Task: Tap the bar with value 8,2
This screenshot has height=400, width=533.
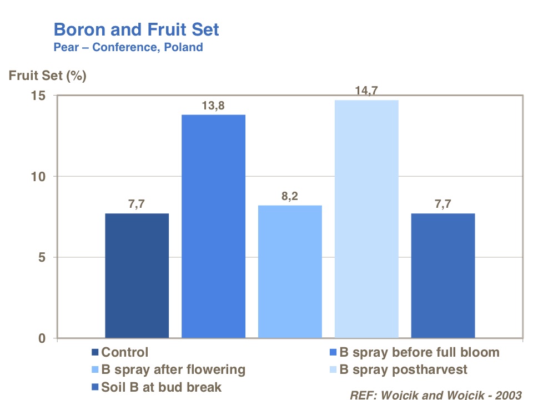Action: pyautogui.click(x=290, y=272)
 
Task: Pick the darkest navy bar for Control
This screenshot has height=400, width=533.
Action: pyautogui.click(x=137, y=276)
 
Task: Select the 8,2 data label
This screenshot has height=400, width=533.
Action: pyautogui.click(x=290, y=196)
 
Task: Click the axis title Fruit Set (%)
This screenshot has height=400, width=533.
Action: pyautogui.click(x=48, y=76)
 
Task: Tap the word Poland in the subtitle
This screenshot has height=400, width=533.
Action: pyautogui.click(x=183, y=47)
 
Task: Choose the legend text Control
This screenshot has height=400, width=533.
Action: pyautogui.click(x=125, y=352)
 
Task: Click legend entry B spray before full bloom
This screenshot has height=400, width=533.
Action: pyautogui.click(x=419, y=352)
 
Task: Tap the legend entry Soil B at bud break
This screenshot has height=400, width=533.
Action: pyautogui.click(x=162, y=387)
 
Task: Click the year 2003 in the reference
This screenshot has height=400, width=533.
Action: pyautogui.click(x=507, y=395)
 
